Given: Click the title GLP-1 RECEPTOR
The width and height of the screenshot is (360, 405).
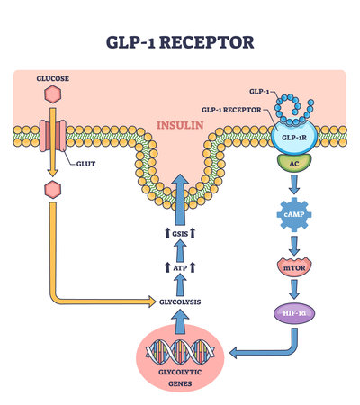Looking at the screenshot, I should point(180,41).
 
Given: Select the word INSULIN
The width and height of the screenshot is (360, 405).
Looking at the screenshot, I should point(180,127).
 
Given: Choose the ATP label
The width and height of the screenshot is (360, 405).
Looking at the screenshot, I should point(180,267).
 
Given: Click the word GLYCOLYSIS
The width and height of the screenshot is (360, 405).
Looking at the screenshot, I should point(180,303).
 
